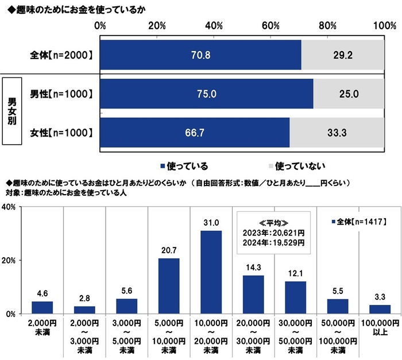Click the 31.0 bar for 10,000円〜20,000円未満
coord(211,272)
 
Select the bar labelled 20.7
coord(169,286)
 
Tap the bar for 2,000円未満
coord(42,307)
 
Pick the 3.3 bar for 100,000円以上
coord(380,309)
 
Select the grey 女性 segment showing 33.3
coord(337,133)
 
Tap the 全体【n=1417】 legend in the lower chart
coord(359,220)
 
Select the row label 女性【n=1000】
coord(61,133)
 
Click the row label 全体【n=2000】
coord(61,55)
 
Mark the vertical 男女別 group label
coord(12,113)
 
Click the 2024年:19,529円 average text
coord(274,243)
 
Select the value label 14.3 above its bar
coord(253,268)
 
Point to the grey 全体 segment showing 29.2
coord(343,55)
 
